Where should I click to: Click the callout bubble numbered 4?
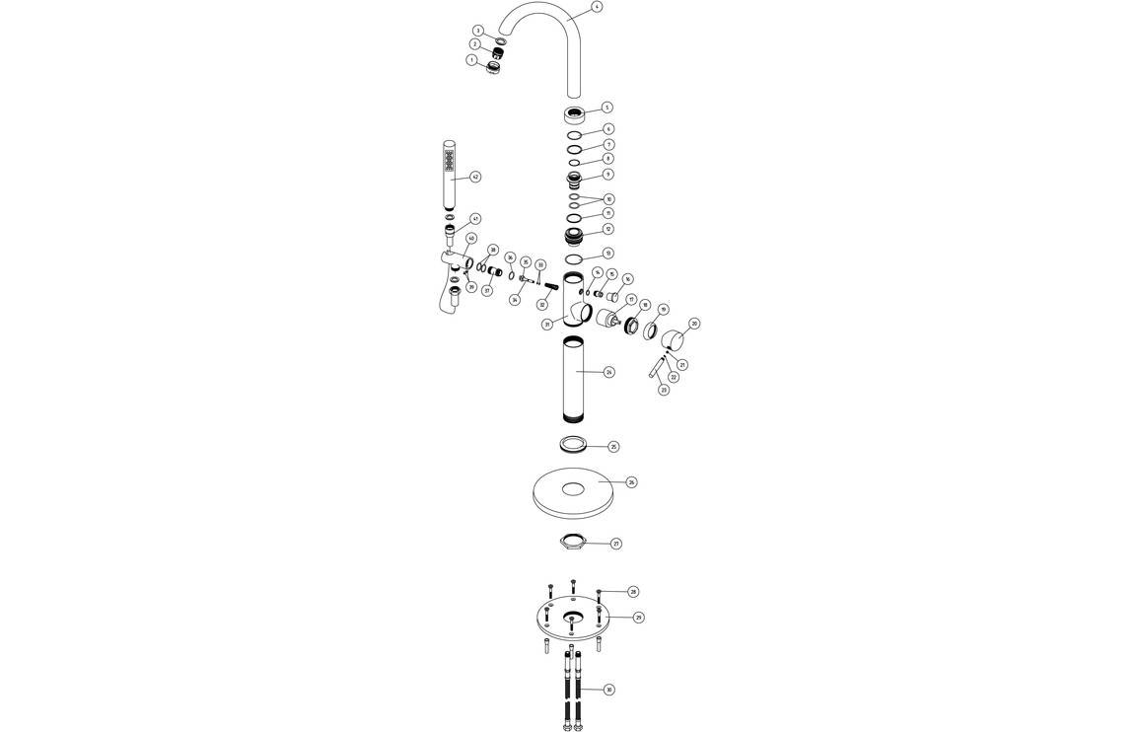597,7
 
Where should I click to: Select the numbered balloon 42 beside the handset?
475,177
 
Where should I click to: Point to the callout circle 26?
631,482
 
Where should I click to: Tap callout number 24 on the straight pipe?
609,372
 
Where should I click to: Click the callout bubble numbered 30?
608,690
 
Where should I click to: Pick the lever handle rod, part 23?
655,372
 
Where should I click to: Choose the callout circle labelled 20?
694,324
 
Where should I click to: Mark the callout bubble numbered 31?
546,324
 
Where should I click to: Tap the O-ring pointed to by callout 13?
574,258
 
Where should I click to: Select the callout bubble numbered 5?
607,108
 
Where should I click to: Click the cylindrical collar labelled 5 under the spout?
575,112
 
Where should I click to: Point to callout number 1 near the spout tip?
471,59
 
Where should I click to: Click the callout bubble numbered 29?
638,617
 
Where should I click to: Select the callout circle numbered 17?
630,299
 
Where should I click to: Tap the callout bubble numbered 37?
487,291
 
